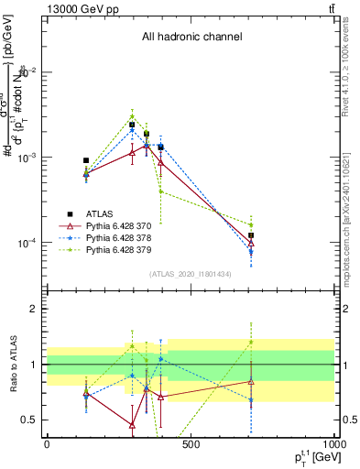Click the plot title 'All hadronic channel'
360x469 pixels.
(x=191, y=38)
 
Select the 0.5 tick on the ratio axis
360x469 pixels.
(x=30, y=420)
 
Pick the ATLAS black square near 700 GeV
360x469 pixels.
(x=251, y=235)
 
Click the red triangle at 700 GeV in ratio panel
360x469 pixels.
(x=251, y=382)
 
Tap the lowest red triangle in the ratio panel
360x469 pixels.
(x=133, y=425)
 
